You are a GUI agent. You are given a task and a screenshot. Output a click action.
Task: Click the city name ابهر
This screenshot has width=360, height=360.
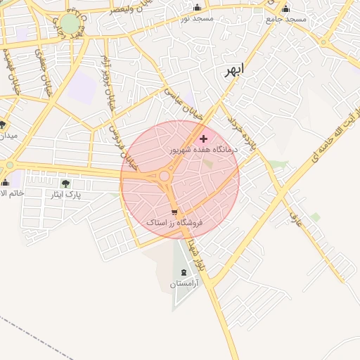coord(236,70)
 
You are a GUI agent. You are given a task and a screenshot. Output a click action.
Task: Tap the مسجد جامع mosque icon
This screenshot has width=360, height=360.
coord(285,9)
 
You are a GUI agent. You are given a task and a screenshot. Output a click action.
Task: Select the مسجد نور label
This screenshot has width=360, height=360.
coord(197,19)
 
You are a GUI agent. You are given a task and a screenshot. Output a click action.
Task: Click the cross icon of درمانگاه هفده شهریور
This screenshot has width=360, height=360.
coord(204,139)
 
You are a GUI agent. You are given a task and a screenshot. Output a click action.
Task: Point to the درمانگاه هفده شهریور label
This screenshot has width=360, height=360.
coord(204,150)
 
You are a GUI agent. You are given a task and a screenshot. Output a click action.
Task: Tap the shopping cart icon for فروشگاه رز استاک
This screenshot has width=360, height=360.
coord(174,212)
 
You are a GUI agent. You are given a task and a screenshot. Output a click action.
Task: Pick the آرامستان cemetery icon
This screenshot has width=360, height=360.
coord(184,272)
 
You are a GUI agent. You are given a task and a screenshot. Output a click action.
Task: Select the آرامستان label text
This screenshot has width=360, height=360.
coord(184,283)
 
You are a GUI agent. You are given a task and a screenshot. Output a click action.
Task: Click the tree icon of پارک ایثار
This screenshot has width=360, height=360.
coord(65,184)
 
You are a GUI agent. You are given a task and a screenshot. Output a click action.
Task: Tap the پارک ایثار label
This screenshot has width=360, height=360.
coord(70,194)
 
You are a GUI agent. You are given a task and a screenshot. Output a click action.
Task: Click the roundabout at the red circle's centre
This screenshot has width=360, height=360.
coord(165,176)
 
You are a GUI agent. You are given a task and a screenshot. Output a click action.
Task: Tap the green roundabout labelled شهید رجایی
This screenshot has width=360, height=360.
coord(70,24)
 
